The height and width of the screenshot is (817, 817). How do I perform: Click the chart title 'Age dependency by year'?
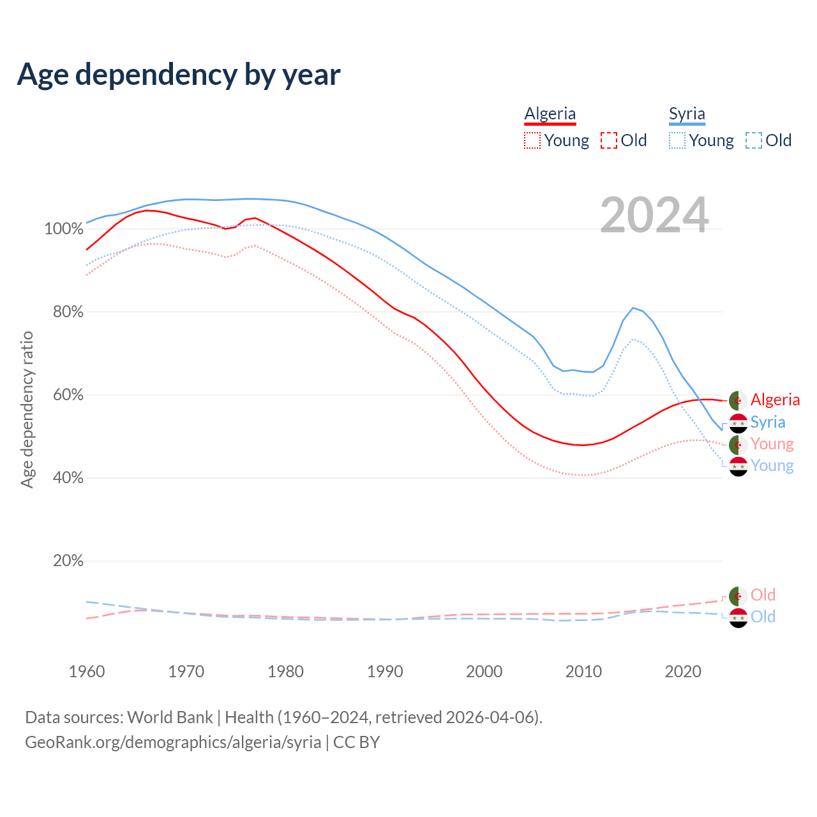[179, 75]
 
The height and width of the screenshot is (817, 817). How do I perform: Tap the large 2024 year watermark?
[654, 215]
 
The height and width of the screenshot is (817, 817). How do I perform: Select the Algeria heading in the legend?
[550, 114]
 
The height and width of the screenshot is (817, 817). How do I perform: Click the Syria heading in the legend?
[687, 114]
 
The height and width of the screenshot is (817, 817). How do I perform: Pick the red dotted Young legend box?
[532, 140]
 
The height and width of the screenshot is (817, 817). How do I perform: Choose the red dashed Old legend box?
[609, 140]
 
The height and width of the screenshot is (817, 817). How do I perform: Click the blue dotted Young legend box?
[677, 140]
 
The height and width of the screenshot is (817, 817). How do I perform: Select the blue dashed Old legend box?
[754, 140]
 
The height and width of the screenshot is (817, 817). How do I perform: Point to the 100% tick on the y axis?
[64, 229]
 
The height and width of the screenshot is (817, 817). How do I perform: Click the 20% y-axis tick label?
[68, 561]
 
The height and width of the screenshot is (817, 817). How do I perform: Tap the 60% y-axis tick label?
[68, 395]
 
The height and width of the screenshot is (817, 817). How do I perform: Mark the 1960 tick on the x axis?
[87, 671]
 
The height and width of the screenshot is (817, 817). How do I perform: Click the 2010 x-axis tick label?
[583, 671]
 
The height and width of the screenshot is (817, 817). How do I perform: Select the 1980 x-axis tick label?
[285, 671]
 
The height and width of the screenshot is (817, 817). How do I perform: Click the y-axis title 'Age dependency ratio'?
[27, 409]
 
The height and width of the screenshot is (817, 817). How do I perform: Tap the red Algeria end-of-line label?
[775, 400]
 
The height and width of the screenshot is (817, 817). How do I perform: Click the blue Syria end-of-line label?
[768, 422]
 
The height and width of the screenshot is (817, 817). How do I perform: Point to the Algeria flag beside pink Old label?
[738, 596]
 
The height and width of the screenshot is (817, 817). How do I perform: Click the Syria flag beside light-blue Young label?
[738, 466]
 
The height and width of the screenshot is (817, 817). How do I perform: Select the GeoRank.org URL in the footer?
[173, 742]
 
